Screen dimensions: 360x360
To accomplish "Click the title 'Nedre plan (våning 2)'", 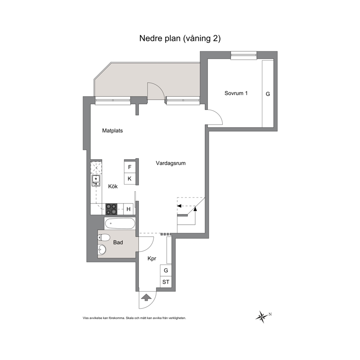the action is [x=180, y=38].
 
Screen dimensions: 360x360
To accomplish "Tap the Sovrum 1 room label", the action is [x=236, y=93].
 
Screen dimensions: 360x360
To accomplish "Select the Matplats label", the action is [x=112, y=131].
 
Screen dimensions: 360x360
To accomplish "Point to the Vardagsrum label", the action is [x=171, y=163].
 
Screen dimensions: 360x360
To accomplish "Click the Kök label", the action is [x=113, y=186].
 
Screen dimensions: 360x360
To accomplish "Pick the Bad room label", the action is [x=118, y=242].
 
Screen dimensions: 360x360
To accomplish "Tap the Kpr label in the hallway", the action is [x=152, y=259].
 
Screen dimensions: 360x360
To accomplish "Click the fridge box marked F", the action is [x=130, y=167].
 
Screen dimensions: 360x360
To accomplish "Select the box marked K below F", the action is [x=130, y=179].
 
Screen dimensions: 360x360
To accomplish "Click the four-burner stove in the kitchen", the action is [x=111, y=209].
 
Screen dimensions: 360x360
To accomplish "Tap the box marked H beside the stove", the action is [x=128, y=209].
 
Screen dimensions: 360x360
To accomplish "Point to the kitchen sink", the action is [x=96, y=181].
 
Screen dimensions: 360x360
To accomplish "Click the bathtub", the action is [x=119, y=223].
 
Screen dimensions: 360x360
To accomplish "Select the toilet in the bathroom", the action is [x=103, y=238].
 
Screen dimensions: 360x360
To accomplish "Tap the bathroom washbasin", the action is [x=102, y=250].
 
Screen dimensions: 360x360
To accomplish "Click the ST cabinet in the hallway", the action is [x=166, y=282].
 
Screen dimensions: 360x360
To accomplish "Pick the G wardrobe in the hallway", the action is [x=166, y=270].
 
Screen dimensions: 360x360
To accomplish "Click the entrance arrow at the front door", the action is [x=145, y=298].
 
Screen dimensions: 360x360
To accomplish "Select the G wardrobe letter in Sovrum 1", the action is [x=268, y=94].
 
